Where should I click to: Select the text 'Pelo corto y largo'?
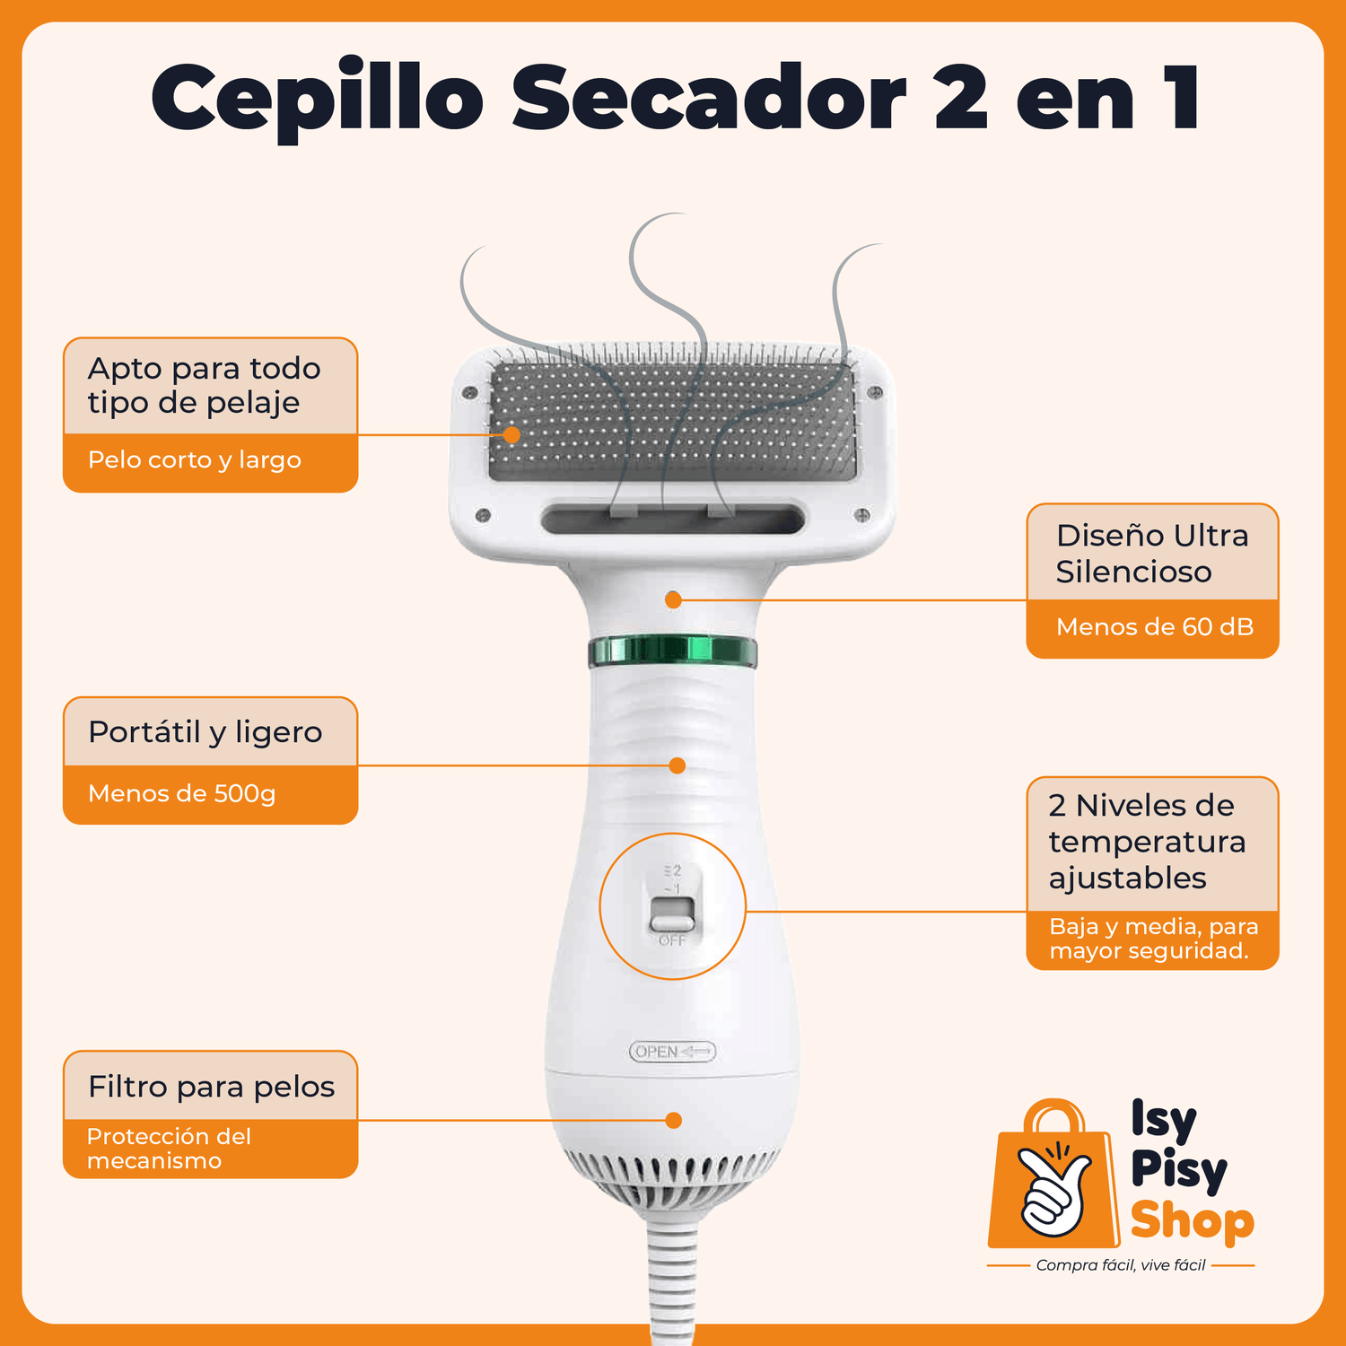tap(195, 460)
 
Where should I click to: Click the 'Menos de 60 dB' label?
tap(1155, 626)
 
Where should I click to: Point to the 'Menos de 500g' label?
tap(181, 794)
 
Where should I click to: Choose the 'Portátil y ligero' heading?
tap(205, 733)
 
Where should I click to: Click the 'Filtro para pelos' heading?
tap(212, 1087)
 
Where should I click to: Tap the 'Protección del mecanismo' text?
tap(169, 1149)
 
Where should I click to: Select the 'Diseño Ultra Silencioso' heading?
tap(1152, 554)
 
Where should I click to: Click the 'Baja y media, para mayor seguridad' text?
tap(1154, 939)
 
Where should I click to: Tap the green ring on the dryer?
tap(673, 651)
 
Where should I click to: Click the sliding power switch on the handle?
tap(672, 915)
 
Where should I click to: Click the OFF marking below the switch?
tap(672, 940)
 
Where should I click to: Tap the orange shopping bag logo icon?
tap(1054, 1174)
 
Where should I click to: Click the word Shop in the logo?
tap(1193, 1222)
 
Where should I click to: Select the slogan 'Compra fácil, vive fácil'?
tap(1121, 1265)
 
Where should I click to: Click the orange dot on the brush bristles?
tap(511, 435)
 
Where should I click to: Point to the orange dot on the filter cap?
tap(674, 1121)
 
